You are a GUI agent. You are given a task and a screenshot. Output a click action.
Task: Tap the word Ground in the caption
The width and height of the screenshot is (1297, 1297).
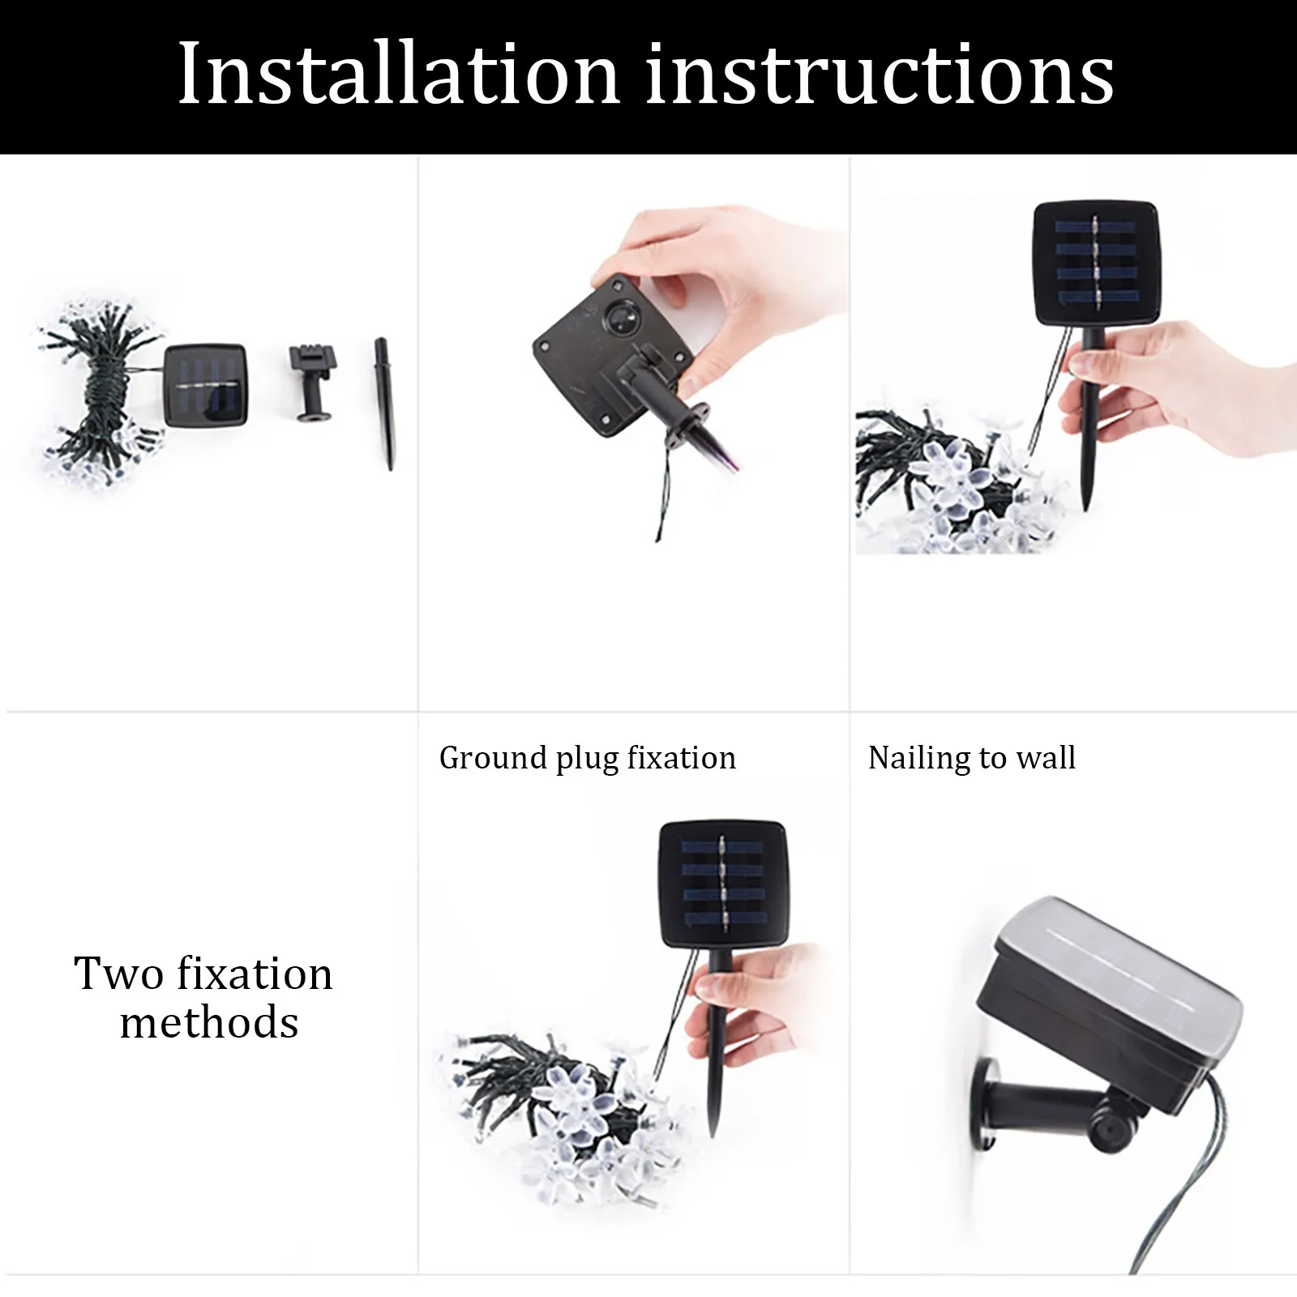(494, 759)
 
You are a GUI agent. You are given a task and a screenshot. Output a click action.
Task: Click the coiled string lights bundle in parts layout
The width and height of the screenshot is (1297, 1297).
(97, 388)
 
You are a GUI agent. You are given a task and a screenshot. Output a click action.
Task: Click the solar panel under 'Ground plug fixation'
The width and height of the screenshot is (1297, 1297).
(722, 884)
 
